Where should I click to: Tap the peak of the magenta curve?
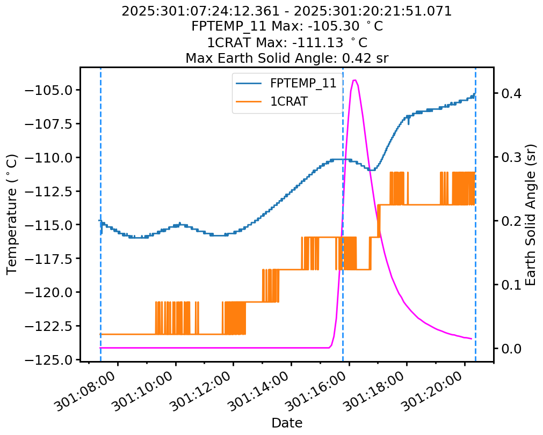click(x=354, y=80)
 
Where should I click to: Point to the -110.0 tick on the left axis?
click(x=53, y=158)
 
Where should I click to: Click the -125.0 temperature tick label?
click(x=53, y=360)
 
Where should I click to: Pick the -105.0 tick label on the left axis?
click(x=53, y=90)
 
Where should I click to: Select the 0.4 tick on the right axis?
click(x=510, y=93)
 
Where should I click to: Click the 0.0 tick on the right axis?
click(x=510, y=348)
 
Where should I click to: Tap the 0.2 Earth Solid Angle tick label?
click(x=510, y=221)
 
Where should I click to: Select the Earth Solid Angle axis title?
click(x=531, y=215)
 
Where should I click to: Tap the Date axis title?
click(x=287, y=423)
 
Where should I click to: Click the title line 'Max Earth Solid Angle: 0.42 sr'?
click(x=287, y=58)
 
